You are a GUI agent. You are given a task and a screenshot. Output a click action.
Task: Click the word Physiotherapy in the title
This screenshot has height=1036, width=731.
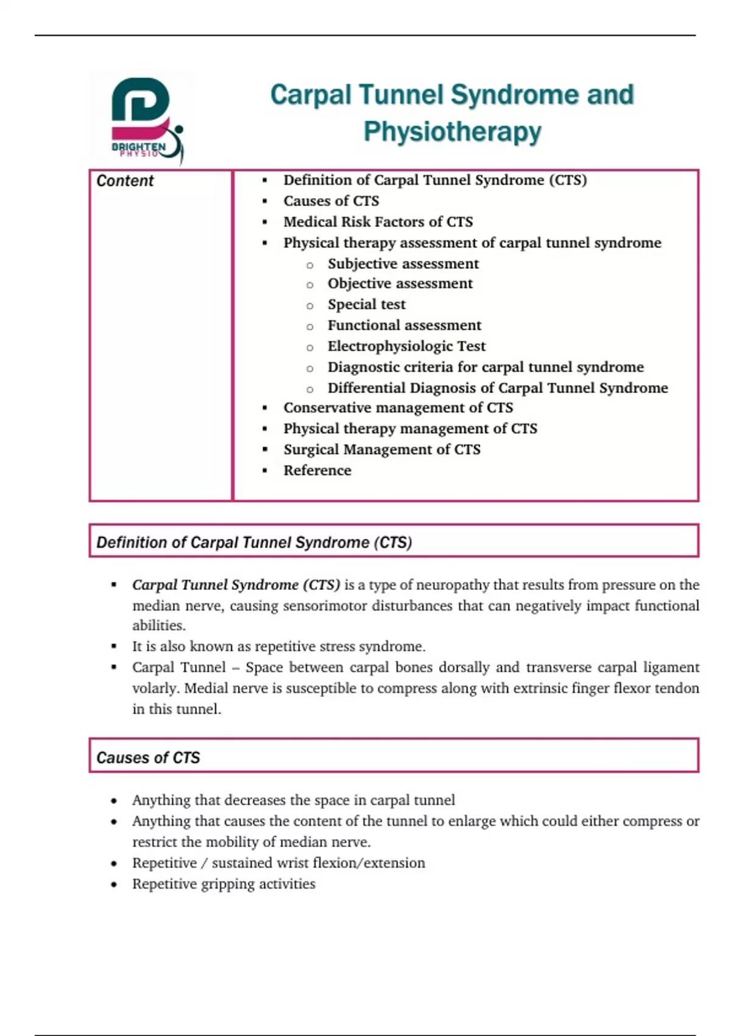tap(452, 132)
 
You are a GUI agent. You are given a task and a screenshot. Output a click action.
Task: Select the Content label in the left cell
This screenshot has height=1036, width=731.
tap(125, 181)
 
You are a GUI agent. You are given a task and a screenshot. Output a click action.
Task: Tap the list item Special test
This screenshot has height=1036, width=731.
tap(366, 304)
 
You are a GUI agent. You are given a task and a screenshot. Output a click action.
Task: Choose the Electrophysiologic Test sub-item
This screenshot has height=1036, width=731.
tap(406, 346)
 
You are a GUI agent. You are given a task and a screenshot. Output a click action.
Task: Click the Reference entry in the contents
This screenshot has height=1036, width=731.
tap(317, 470)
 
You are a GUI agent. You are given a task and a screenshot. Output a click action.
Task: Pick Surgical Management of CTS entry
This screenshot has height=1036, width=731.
tap(381, 450)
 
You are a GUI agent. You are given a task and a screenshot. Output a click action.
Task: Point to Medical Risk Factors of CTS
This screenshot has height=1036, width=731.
tap(378, 222)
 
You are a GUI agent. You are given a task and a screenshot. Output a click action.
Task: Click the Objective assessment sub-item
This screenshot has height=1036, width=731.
tap(400, 283)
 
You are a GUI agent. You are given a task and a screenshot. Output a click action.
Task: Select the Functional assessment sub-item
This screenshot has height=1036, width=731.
tap(404, 325)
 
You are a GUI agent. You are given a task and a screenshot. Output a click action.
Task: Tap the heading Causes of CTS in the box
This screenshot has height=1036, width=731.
tap(148, 757)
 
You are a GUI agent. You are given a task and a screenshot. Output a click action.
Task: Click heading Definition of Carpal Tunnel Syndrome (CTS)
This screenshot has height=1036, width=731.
tap(254, 542)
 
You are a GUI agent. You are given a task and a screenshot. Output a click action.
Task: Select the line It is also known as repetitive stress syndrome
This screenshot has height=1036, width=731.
tap(278, 647)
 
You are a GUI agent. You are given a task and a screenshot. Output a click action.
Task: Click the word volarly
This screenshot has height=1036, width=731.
tap(155, 689)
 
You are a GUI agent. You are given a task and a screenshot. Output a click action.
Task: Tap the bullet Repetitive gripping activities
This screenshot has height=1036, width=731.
tap(224, 884)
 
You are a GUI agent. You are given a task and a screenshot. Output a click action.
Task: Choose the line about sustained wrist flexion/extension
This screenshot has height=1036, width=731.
tap(278, 863)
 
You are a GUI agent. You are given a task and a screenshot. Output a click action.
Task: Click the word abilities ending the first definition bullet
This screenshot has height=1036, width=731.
tap(158, 626)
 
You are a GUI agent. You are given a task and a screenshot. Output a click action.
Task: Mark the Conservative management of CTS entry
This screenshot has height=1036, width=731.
tap(398, 408)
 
